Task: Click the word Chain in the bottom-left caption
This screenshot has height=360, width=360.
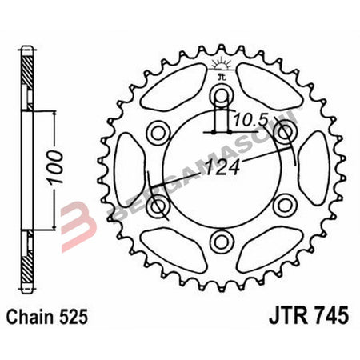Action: pyautogui.click(x=33, y=316)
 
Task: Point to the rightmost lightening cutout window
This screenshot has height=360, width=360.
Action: pyautogui.click(x=318, y=168)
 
